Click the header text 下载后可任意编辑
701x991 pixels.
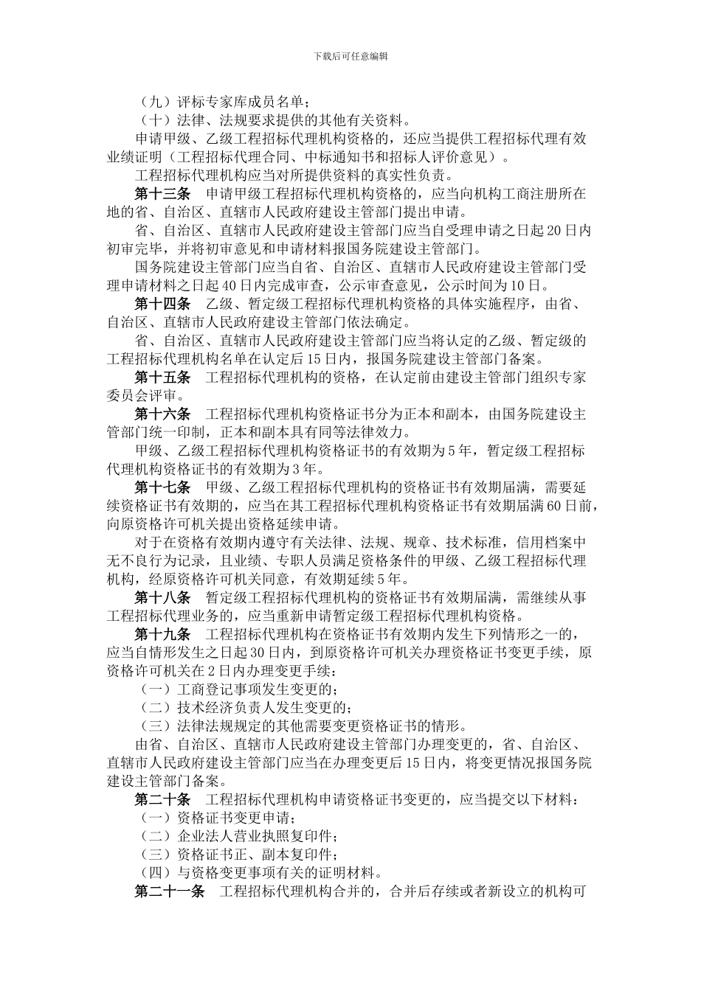coord(350,56)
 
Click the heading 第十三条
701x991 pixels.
coord(162,194)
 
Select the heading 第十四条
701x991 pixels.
coord(162,304)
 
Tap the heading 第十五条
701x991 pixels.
coord(162,378)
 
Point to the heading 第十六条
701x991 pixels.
coord(162,414)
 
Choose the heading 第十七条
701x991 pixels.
coord(162,487)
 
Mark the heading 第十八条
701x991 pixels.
coord(162,598)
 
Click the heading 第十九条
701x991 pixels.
coord(162,635)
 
